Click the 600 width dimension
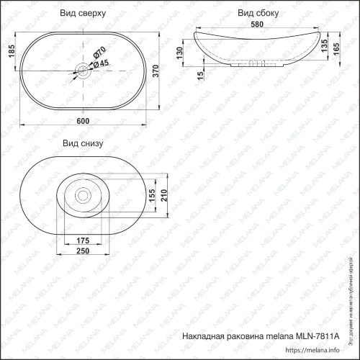[x=85, y=120]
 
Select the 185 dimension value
[x=11, y=52]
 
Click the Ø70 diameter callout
[x=100, y=51]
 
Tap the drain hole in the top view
[x=84, y=70]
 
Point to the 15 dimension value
[x=200, y=73]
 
